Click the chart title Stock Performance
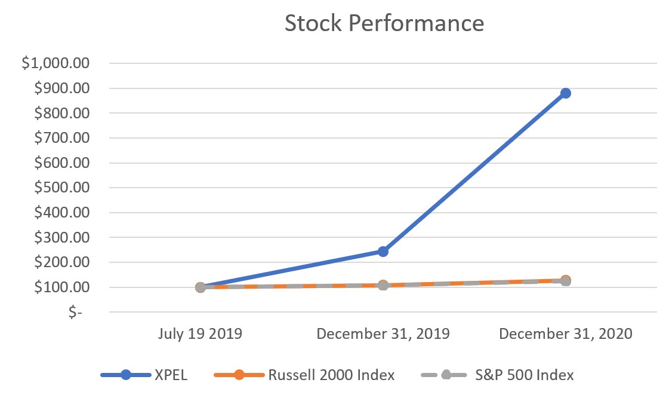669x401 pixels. click(384, 23)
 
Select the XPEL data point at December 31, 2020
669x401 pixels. click(565, 93)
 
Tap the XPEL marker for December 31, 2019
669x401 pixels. click(383, 252)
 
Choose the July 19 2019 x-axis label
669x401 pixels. click(200, 333)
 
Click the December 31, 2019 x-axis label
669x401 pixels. click(383, 333)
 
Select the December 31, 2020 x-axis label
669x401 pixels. click(565, 333)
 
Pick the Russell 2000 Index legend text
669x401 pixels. click(331, 375)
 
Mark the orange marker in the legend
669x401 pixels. click(239, 375)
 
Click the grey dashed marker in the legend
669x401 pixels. click(445, 375)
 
